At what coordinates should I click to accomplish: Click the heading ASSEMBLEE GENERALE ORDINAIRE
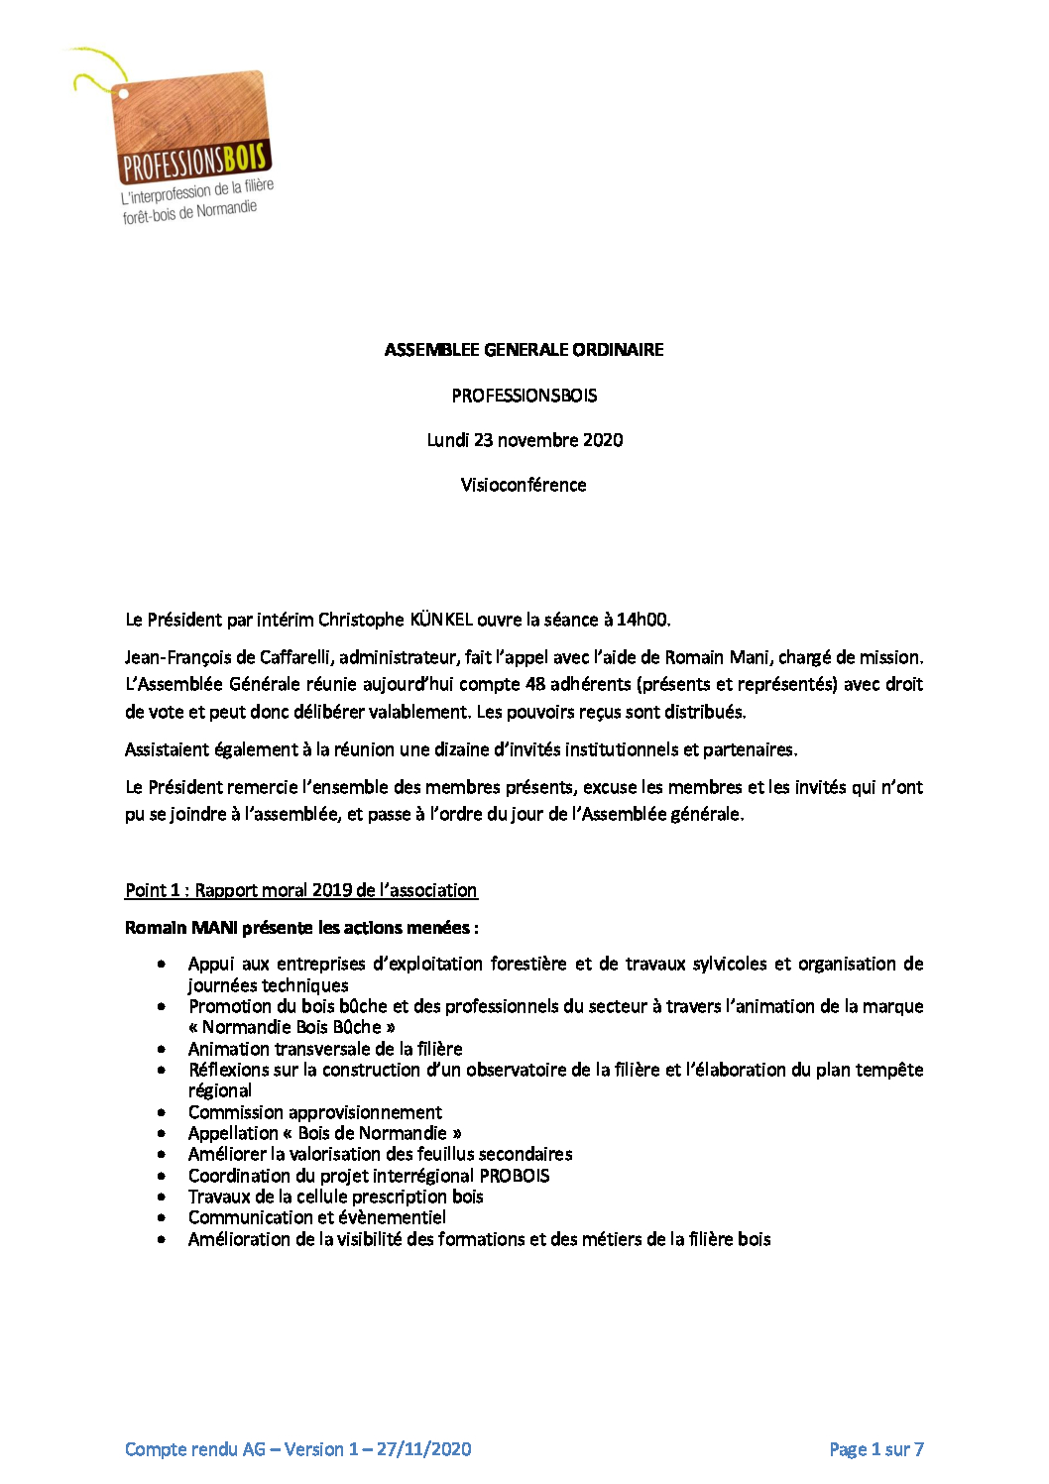pyautogui.click(x=524, y=350)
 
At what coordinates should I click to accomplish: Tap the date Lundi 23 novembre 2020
pyautogui.click(x=524, y=440)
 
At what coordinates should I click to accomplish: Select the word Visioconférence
pyautogui.click(x=524, y=485)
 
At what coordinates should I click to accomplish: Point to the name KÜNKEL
pyautogui.click(x=441, y=620)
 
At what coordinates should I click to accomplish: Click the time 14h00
pyautogui.click(x=642, y=620)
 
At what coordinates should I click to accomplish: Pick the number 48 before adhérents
pyautogui.click(x=535, y=684)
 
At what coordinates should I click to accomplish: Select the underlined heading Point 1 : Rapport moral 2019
pyautogui.click(x=300, y=890)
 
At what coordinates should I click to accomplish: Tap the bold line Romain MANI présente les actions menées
pyautogui.click(x=300, y=928)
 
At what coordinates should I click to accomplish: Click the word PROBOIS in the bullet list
pyautogui.click(x=515, y=1176)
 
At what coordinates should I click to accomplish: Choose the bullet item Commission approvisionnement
pyautogui.click(x=315, y=1112)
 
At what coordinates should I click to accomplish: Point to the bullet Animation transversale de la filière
pyautogui.click(x=325, y=1049)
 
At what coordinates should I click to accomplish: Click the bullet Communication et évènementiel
pyautogui.click(x=317, y=1217)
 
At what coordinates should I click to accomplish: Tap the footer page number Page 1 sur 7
pyautogui.click(x=875, y=1449)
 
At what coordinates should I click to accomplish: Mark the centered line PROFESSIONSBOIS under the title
pyautogui.click(x=524, y=396)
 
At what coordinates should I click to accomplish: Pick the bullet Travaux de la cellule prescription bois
pyautogui.click(x=335, y=1197)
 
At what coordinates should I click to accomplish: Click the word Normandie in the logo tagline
pyautogui.click(x=226, y=209)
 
